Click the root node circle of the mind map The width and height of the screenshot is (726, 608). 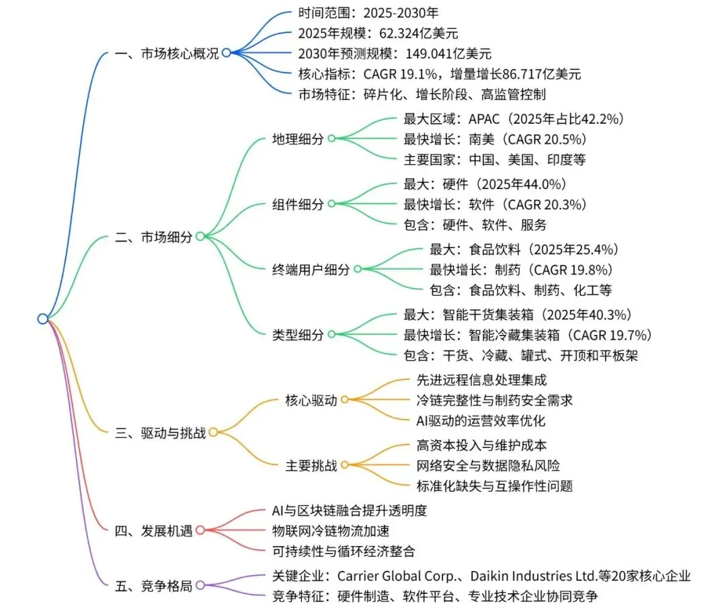43,319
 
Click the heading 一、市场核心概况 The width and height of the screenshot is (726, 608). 167,54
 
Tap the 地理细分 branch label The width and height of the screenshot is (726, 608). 298,139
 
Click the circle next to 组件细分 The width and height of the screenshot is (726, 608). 332,204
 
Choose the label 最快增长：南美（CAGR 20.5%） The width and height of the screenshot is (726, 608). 494,140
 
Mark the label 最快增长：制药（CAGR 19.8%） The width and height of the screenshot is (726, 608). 521,270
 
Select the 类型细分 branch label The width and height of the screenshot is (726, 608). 298,334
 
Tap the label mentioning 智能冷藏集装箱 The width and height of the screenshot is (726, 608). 528,334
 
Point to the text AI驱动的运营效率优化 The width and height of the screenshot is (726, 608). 481,420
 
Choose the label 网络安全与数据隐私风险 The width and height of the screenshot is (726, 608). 489,465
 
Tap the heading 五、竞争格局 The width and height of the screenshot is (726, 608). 154,586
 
